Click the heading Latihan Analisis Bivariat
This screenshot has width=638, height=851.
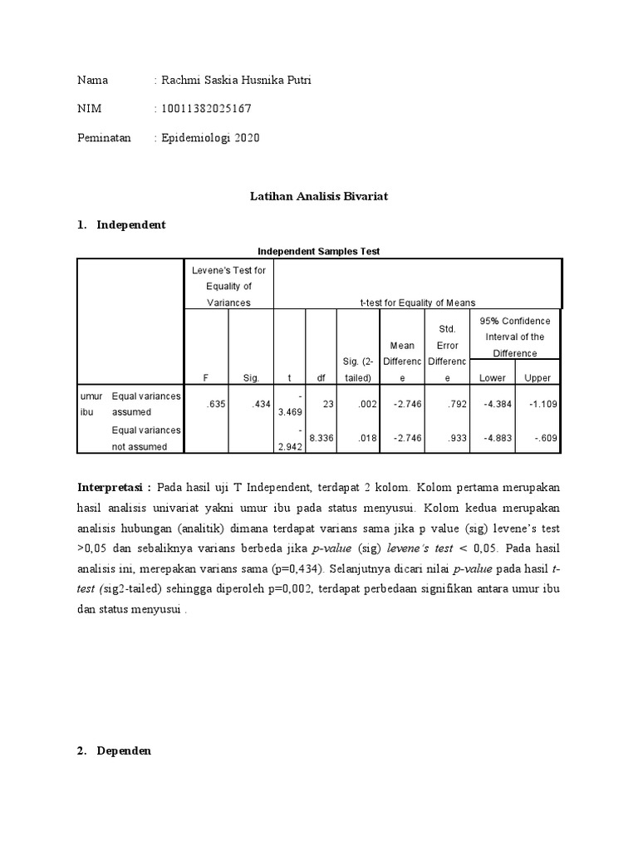[320, 196]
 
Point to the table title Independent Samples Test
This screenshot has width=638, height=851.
[319, 251]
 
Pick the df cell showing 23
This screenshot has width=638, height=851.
[327, 404]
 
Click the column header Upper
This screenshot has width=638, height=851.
[537, 378]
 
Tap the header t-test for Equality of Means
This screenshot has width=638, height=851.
[417, 303]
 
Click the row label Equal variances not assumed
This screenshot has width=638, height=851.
[145, 438]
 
